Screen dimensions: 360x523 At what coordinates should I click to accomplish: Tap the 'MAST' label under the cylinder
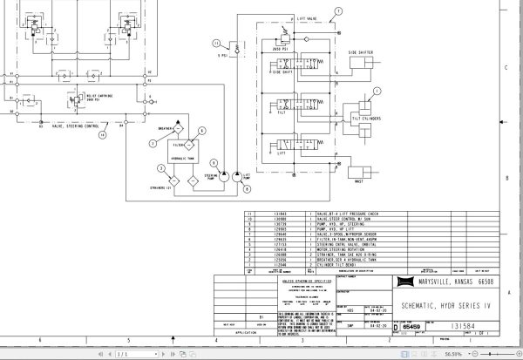pyautogui.click(x=357, y=182)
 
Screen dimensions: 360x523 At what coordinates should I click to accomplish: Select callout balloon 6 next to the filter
pyautogui.click(x=200, y=131)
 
